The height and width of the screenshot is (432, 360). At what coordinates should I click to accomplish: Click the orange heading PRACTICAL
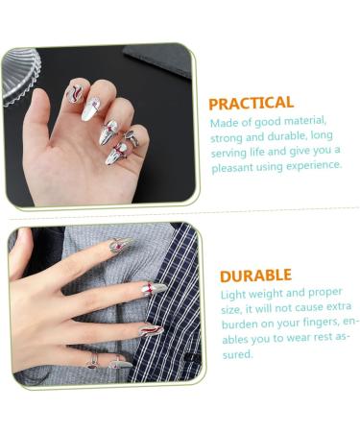click(252, 102)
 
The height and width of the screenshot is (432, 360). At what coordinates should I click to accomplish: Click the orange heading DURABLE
click(255, 276)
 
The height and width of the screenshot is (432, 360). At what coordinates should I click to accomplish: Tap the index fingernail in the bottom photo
click(119, 245)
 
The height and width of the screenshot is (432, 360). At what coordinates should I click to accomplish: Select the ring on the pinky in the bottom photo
click(93, 361)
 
